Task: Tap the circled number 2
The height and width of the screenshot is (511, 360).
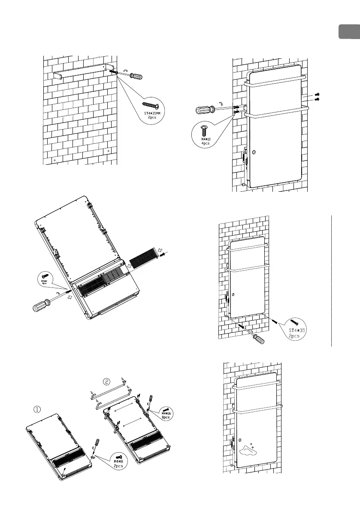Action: point(106,380)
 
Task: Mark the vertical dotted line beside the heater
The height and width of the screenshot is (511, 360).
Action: point(332,279)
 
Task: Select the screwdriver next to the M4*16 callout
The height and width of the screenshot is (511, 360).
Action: point(151,404)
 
